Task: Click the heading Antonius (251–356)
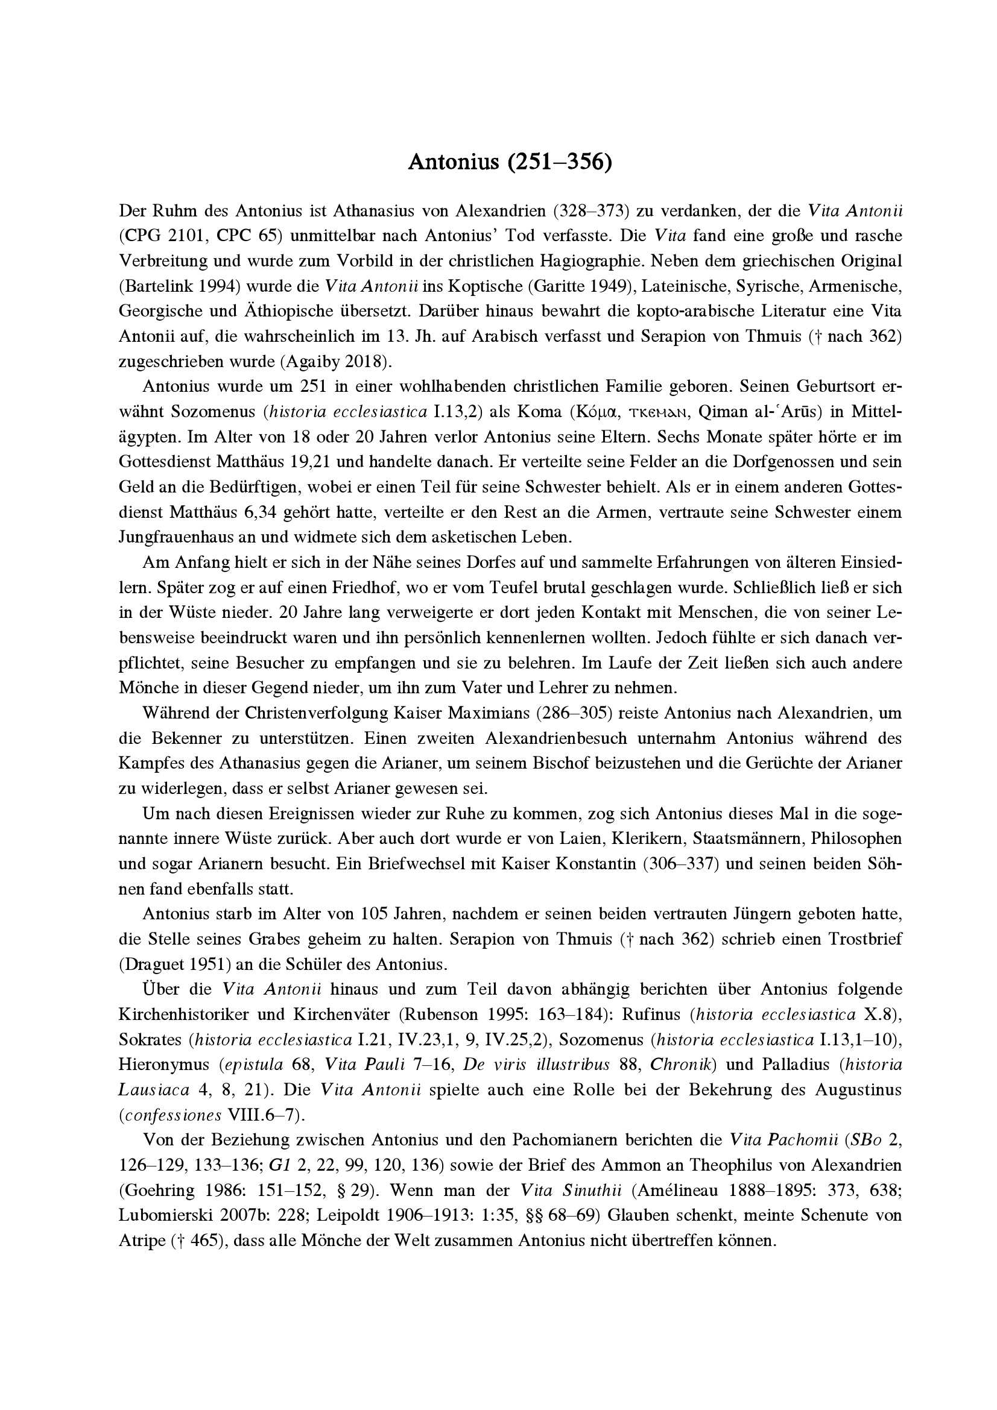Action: (x=510, y=162)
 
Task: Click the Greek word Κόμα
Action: (x=593, y=412)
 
